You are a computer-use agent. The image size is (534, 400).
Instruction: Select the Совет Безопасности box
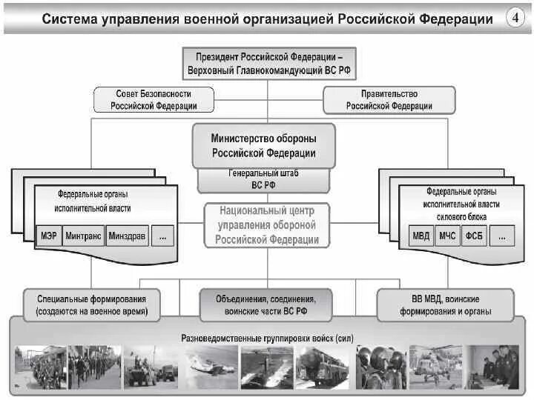(154, 100)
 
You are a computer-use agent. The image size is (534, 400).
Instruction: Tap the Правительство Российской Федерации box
(389, 100)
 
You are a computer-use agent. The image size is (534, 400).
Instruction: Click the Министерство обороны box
(264, 146)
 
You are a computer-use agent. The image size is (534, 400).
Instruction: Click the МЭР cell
(46, 237)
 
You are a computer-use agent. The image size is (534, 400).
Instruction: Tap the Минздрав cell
(127, 237)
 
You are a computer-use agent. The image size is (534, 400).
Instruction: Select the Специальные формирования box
(91, 305)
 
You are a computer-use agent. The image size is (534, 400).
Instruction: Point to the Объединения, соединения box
(266, 305)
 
